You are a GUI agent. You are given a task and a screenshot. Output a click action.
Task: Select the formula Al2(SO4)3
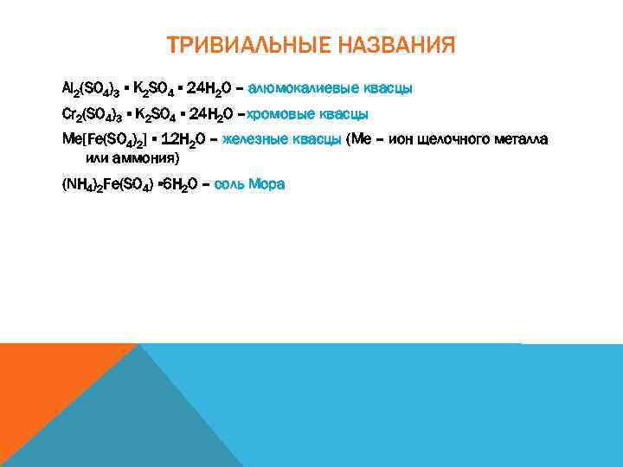coord(91,89)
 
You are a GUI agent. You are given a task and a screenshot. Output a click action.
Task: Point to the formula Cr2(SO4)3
coord(91,114)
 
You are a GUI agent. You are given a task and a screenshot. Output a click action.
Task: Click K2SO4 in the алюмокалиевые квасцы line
coord(157,89)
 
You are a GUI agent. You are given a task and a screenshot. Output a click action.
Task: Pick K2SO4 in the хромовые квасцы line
coord(157,114)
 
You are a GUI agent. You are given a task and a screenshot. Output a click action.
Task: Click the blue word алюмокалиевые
coord(304,88)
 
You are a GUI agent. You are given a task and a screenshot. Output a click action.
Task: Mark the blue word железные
coord(253,140)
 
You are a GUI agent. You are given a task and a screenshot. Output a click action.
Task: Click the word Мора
coord(267,184)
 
